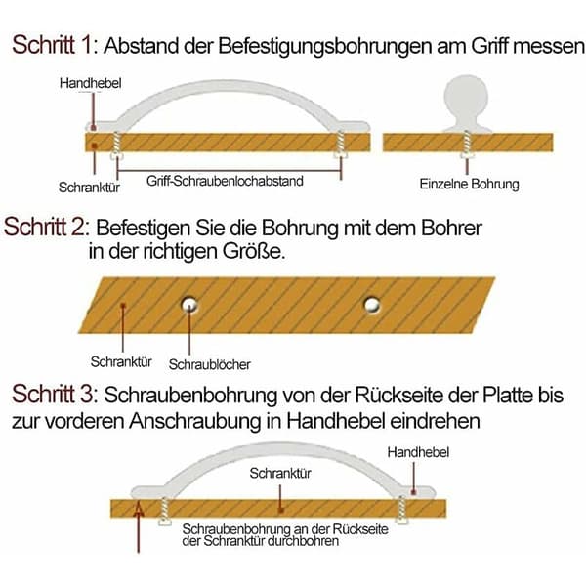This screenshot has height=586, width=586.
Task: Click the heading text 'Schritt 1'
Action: [x=54, y=45]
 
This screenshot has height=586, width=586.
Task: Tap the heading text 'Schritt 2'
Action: [x=46, y=227]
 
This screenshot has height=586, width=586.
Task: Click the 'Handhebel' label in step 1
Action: [x=91, y=83]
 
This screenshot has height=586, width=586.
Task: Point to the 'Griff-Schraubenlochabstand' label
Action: [x=225, y=181]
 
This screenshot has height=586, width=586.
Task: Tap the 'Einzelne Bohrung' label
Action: [x=470, y=184]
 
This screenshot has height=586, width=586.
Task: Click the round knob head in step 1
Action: [x=466, y=96]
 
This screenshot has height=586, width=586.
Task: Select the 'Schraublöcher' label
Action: [x=209, y=364]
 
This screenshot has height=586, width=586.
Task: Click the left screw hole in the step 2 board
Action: [x=189, y=304]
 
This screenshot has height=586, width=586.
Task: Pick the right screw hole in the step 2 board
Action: [x=372, y=305]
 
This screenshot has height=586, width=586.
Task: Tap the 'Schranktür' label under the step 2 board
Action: [x=121, y=361]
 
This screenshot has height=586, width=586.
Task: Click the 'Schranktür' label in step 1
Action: [x=89, y=188]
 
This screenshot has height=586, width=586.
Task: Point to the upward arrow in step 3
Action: [x=139, y=527]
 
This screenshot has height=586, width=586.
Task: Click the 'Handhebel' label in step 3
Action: [x=418, y=452]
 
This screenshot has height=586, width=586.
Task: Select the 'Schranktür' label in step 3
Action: [x=280, y=473]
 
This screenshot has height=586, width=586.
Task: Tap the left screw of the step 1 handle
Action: [x=116, y=146]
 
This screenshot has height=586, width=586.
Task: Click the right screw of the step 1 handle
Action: [x=340, y=145]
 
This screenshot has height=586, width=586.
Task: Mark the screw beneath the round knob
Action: [x=466, y=145]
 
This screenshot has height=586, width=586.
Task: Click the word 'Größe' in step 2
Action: [x=254, y=251]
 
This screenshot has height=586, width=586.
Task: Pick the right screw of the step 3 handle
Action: [x=401, y=510]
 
